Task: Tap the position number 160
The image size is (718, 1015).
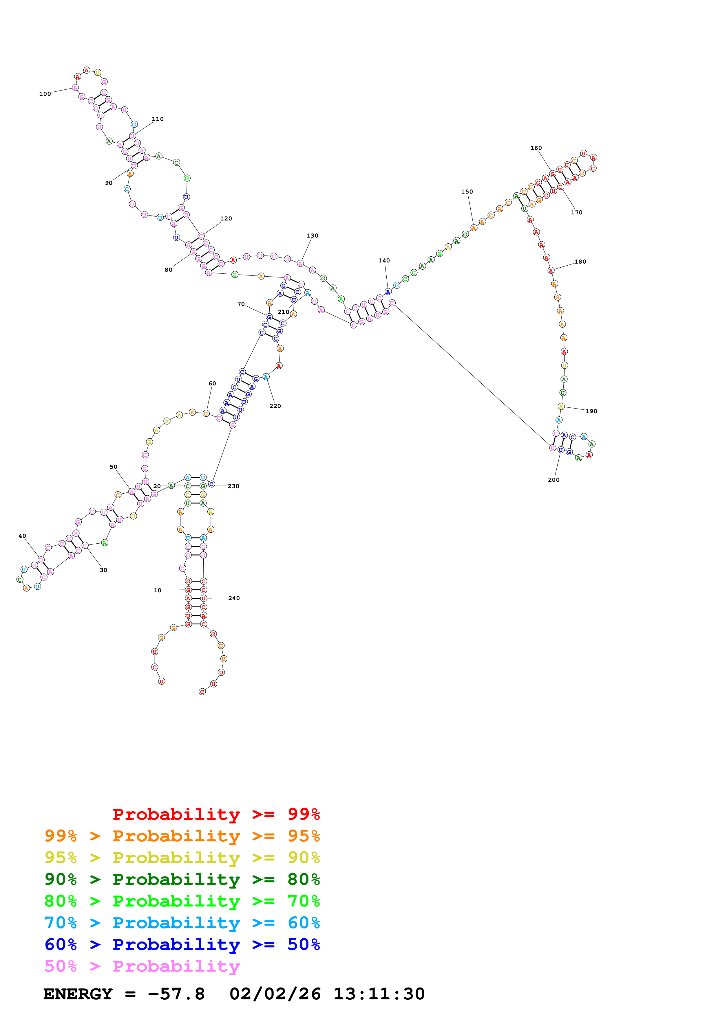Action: pos(536,148)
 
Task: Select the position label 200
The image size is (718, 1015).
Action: pos(553,480)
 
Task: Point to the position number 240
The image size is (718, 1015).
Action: pos(234,598)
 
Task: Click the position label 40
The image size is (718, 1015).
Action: pos(22,536)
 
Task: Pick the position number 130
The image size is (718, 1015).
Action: pos(312,236)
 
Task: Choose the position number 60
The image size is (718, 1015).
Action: pos(212,383)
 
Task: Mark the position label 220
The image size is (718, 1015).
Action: pos(275,406)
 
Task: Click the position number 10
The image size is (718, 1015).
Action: pos(158,590)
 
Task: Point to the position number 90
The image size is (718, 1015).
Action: pos(108,183)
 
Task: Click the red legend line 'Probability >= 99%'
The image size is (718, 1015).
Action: pos(216,814)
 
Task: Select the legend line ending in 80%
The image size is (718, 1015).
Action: pos(182,879)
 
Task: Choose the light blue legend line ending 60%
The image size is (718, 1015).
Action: pos(182,923)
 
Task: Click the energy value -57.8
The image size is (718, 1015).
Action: pos(176,994)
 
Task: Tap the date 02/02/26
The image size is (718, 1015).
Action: pos(275,994)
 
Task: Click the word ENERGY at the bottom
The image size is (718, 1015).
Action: pos(78,994)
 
